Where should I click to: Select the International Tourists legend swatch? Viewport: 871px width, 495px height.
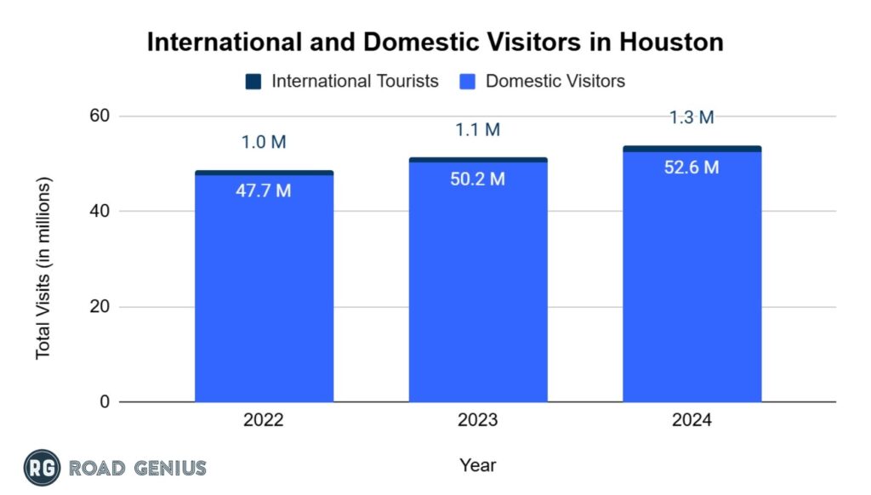[x=253, y=82]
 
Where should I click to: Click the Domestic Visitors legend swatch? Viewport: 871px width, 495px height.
[x=468, y=82]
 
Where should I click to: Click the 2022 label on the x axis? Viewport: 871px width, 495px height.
[x=264, y=420]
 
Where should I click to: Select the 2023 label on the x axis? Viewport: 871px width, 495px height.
[x=478, y=420]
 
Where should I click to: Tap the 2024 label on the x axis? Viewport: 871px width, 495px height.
[x=692, y=420]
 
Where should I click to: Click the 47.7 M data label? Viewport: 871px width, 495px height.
[x=263, y=191]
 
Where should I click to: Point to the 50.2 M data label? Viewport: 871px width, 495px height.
[x=477, y=179]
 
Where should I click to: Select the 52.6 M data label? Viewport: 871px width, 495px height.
[x=692, y=168]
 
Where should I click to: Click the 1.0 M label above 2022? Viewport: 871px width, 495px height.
[x=263, y=142]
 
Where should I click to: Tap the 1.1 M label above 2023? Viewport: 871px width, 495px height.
[x=477, y=130]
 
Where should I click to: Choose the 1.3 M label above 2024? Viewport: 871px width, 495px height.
[x=692, y=118]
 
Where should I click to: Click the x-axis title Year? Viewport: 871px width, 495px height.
[x=477, y=465]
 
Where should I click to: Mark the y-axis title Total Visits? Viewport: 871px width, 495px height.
[x=43, y=268]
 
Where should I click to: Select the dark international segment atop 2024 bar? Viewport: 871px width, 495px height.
[x=692, y=149]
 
